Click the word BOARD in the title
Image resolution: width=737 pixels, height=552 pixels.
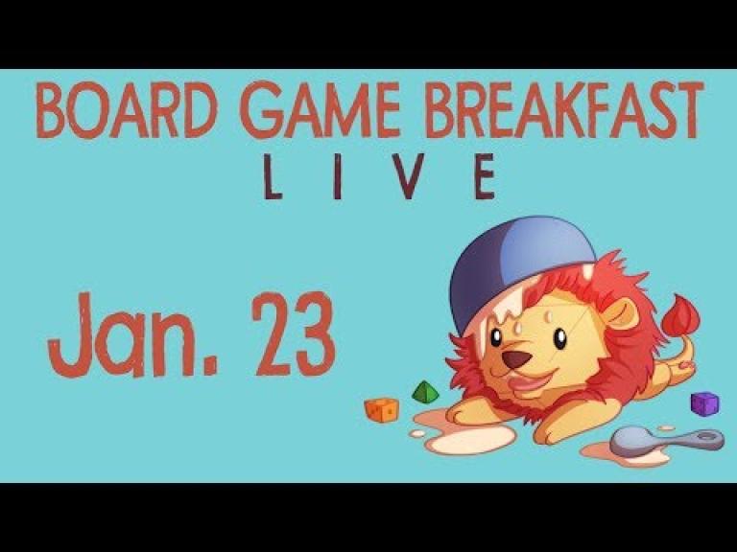[x=127, y=111]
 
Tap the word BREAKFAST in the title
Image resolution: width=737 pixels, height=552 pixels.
[x=564, y=111]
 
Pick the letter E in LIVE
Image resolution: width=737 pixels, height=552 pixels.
[x=484, y=177]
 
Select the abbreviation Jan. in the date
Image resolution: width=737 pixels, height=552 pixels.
[x=133, y=335]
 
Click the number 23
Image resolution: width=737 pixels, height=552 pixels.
[x=294, y=334]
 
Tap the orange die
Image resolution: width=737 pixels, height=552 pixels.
[x=381, y=410]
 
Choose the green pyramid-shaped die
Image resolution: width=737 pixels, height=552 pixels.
[x=425, y=392]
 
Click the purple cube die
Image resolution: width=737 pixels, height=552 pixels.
[x=704, y=403]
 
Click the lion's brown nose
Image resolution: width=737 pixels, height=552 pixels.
[x=516, y=358]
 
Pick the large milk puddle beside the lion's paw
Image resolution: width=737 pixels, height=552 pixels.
[x=470, y=440]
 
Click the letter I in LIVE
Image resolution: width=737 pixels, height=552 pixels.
[x=337, y=177]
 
